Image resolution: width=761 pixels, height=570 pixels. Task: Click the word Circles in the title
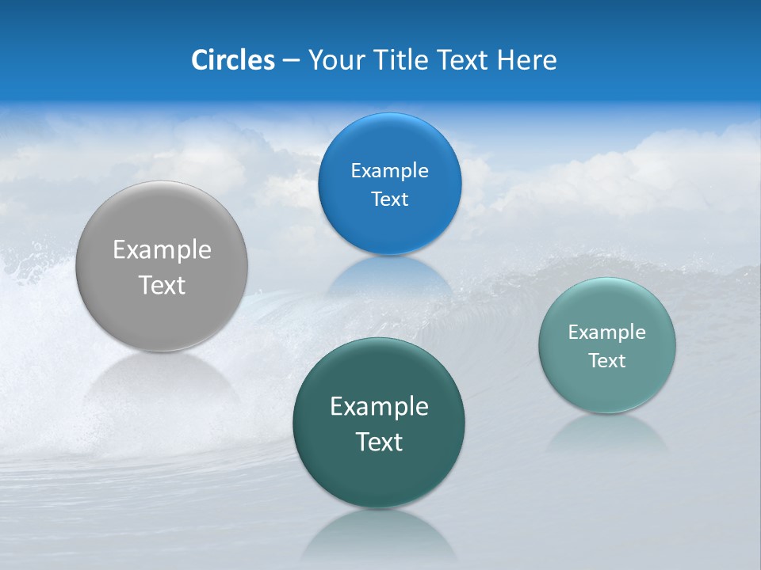(x=232, y=60)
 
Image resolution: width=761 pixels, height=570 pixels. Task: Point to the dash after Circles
(x=291, y=61)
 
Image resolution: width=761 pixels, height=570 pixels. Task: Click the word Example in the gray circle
(x=162, y=250)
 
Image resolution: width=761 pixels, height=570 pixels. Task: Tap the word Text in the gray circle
(x=162, y=285)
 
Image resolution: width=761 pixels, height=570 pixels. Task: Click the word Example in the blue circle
(x=390, y=171)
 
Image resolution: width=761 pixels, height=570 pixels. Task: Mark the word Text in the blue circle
(x=390, y=199)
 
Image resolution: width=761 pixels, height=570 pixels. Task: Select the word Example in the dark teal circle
(x=379, y=407)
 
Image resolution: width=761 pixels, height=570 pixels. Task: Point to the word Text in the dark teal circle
(x=379, y=442)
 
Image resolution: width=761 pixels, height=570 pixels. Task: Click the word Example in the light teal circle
(x=607, y=332)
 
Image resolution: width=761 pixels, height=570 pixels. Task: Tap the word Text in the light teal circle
(x=607, y=361)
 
